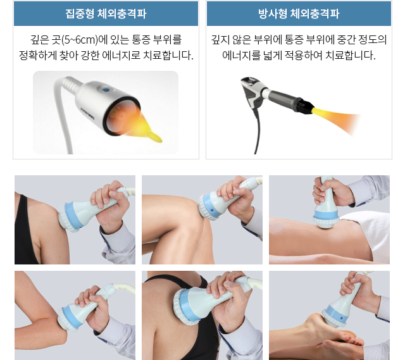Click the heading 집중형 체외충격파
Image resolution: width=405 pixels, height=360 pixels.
tap(106, 13)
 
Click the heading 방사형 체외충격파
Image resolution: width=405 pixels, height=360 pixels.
tap(299, 13)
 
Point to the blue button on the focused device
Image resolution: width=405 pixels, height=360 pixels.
tap(105, 90)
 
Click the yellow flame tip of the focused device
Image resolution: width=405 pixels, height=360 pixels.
tap(156, 137)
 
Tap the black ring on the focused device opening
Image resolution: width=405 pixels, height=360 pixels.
tap(121, 116)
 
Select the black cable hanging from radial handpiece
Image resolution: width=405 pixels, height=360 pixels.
tap(257, 132)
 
